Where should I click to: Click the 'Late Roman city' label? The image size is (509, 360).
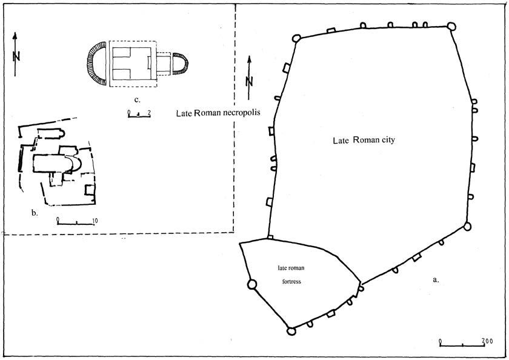(x=364, y=140)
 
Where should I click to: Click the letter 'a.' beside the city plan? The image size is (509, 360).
(x=434, y=280)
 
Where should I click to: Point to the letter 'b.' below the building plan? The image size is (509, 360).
(x=35, y=212)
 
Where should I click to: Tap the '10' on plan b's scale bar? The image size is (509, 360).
(x=95, y=219)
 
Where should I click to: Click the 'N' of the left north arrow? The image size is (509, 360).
(x=16, y=56)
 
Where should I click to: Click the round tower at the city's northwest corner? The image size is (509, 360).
(x=296, y=38)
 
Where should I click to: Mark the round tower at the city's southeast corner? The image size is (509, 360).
(x=467, y=226)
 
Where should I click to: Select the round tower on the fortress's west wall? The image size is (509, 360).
(x=252, y=284)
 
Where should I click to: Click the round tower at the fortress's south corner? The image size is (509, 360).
(x=291, y=331)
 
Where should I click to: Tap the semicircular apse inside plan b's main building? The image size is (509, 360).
(x=76, y=163)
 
